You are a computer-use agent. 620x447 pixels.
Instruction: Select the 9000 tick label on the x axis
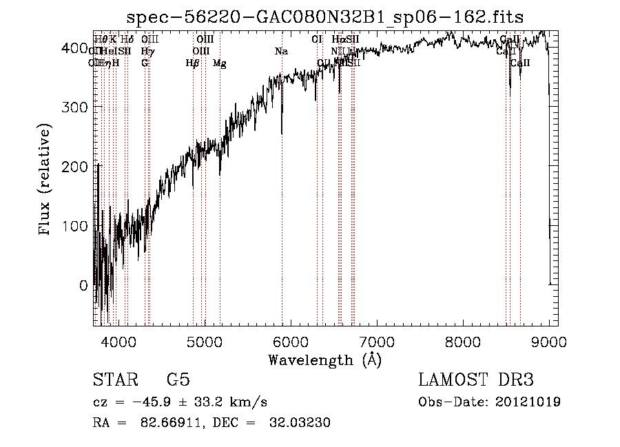pos(548,342)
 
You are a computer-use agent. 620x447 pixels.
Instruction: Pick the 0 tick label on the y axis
pos(83,285)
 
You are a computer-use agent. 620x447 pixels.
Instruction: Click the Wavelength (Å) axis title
pos(324,360)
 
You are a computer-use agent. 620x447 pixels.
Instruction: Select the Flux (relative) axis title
pos(46,180)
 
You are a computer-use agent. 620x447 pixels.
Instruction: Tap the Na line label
pos(281,51)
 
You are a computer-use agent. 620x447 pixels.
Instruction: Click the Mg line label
pos(220,63)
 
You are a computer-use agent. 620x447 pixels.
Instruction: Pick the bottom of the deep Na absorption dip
pos(282,134)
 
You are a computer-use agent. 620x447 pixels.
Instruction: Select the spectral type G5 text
pos(178,380)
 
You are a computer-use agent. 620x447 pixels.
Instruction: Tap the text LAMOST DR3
pos(476,380)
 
